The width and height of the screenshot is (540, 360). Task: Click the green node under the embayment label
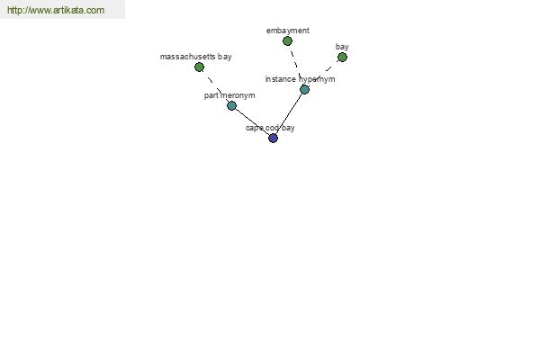pyautogui.click(x=287, y=41)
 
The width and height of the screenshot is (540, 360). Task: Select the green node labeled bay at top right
pyautogui.click(x=342, y=58)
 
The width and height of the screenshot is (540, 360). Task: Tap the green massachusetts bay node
pyautogui.click(x=199, y=67)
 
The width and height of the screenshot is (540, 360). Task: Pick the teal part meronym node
pyautogui.click(x=231, y=106)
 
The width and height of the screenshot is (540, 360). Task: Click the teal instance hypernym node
pyautogui.click(x=304, y=90)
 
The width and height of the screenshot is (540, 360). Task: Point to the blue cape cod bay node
pyautogui.click(x=273, y=138)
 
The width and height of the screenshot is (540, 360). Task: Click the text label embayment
pyautogui.click(x=288, y=31)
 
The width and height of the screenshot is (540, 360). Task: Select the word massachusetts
pyautogui.click(x=188, y=57)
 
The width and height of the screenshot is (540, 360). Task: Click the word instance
pyautogui.click(x=280, y=79)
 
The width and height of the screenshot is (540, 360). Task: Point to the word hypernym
pyautogui.click(x=317, y=79)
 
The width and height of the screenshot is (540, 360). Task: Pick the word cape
pyautogui.click(x=253, y=128)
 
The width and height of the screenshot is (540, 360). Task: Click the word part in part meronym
pyautogui.click(x=211, y=95)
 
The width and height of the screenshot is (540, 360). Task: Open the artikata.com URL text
pyautogui.click(x=56, y=10)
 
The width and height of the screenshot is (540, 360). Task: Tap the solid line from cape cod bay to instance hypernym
pyautogui.click(x=289, y=114)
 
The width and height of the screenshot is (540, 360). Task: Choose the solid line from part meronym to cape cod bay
pyautogui.click(x=252, y=122)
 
